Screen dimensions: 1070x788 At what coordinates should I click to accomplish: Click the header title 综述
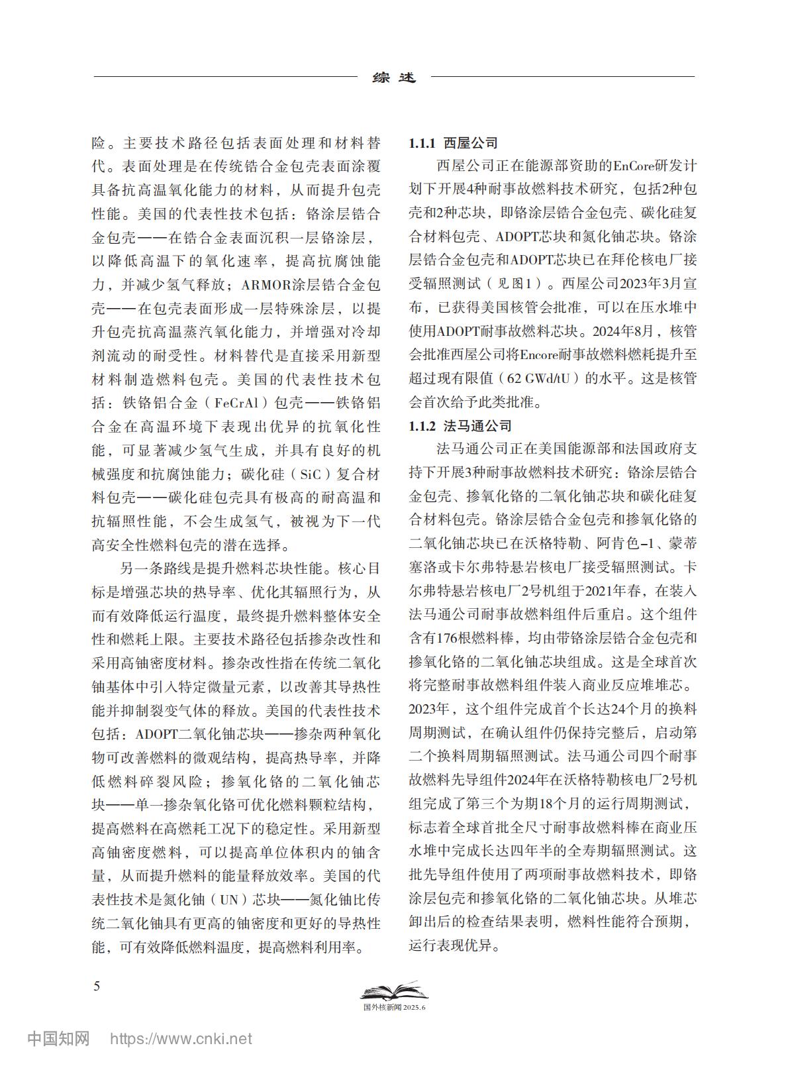394,78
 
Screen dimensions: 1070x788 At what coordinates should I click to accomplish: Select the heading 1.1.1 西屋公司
453,143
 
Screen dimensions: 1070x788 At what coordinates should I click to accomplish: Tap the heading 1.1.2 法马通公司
460,425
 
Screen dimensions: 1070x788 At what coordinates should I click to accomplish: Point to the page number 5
97,986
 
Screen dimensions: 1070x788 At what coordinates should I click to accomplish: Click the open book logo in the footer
393,991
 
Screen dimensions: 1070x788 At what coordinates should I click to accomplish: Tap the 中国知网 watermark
58,1038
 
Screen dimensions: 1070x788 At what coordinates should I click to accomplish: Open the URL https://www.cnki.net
181,1039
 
